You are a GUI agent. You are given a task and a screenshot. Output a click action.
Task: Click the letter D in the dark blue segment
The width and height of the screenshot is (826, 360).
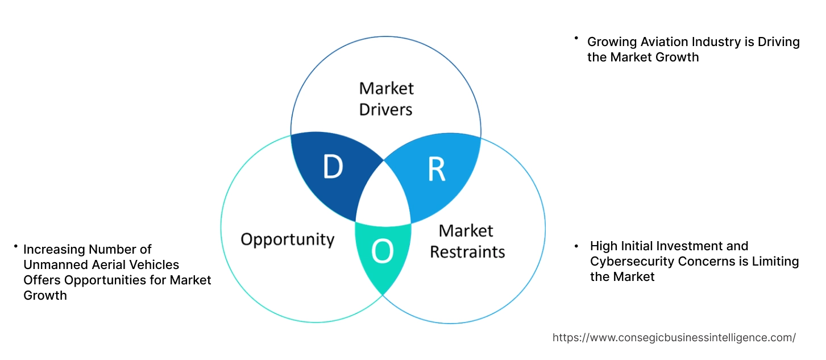point(333,167)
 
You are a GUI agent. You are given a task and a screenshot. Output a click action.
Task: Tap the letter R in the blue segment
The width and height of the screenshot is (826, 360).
point(436,170)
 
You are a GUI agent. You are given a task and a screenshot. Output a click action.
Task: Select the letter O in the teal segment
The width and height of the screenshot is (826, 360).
point(382,253)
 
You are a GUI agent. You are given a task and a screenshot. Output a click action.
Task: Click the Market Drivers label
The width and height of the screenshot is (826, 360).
point(386,98)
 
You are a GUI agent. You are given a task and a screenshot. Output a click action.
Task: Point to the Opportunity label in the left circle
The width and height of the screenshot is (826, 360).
point(287,239)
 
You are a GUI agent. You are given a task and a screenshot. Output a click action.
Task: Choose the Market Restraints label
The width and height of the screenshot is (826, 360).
point(467,241)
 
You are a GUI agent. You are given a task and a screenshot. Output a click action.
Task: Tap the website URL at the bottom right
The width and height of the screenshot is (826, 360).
point(674,337)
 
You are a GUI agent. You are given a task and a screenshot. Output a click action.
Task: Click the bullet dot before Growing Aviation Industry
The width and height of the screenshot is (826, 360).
point(576,39)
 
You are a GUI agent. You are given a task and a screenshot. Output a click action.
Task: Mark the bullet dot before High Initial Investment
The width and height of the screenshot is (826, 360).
point(576,246)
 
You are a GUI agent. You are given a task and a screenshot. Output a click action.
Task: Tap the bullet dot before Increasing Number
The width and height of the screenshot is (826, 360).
point(16,246)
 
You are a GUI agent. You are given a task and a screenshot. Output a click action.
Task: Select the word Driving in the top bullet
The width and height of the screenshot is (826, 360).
point(778,42)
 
